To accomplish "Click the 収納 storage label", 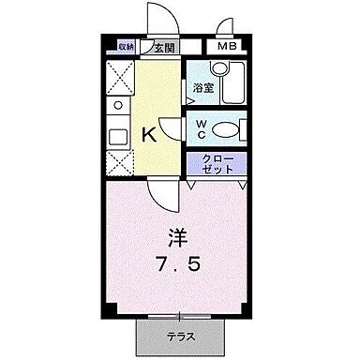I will pyautogui.click(x=127, y=45).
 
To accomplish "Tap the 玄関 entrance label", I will pyautogui.click(x=163, y=46).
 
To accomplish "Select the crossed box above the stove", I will pyautogui.click(x=119, y=76).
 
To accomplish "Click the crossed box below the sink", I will pyautogui.click(x=119, y=164).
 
